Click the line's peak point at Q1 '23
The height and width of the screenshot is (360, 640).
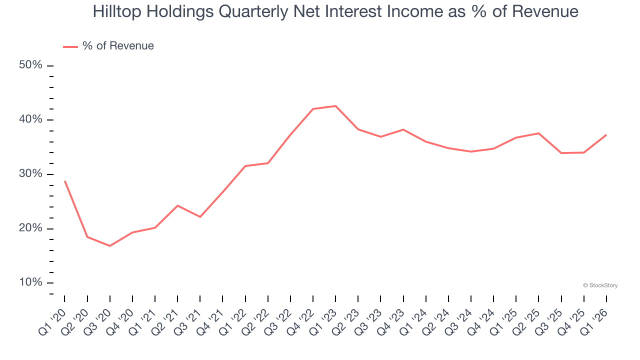[x=335, y=106]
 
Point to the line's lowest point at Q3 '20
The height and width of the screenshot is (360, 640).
[x=110, y=246]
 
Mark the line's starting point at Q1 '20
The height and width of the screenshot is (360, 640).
[x=65, y=181]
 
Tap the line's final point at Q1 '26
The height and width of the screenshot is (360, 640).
[x=606, y=135]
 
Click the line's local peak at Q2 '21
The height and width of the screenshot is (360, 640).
[x=177, y=205]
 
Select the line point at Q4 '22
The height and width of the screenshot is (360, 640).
[x=313, y=109]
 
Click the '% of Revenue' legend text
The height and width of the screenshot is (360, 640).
[x=118, y=46]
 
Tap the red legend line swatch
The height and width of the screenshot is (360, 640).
[x=70, y=46]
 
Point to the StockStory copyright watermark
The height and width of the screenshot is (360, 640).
[x=600, y=285]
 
